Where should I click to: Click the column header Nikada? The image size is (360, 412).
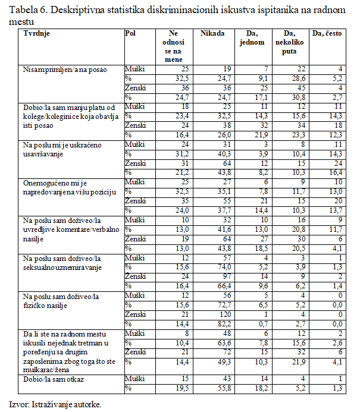click(x=212, y=33)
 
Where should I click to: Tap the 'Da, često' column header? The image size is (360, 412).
click(x=327, y=34)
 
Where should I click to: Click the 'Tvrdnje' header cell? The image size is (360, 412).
click(x=37, y=33)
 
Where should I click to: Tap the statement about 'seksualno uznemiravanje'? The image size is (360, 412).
click(x=62, y=266)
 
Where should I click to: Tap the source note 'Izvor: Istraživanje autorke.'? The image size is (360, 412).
click(x=55, y=404)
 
